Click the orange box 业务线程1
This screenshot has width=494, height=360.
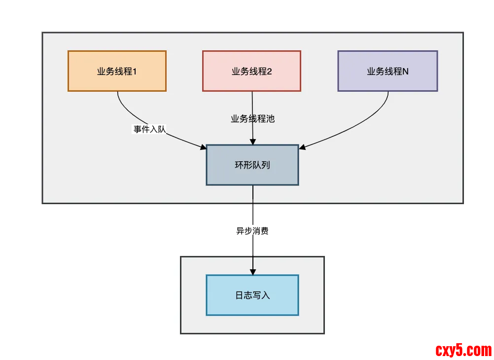click(x=117, y=71)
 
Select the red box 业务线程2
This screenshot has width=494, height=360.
click(x=251, y=71)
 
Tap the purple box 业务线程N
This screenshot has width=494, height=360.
click(x=388, y=71)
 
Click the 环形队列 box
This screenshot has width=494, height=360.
click(x=252, y=165)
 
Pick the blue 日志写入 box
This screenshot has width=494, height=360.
click(x=252, y=295)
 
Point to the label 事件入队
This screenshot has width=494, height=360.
click(x=150, y=129)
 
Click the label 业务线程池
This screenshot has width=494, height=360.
click(x=252, y=119)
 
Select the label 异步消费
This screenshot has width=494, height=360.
click(x=252, y=231)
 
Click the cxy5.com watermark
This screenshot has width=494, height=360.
click(x=463, y=351)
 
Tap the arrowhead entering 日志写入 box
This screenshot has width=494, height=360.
click(x=253, y=272)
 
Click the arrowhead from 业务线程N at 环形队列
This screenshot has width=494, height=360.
click(x=302, y=147)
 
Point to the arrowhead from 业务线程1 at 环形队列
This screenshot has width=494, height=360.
click(x=203, y=147)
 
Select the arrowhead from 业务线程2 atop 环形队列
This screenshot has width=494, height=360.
click(x=253, y=142)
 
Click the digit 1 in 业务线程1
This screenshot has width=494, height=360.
click(x=135, y=72)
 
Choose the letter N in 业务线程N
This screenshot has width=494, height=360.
click(x=405, y=72)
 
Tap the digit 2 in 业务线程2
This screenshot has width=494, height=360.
click(x=270, y=72)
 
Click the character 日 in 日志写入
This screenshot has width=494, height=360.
click(x=239, y=295)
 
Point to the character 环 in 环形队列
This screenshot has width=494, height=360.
click(x=239, y=165)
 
